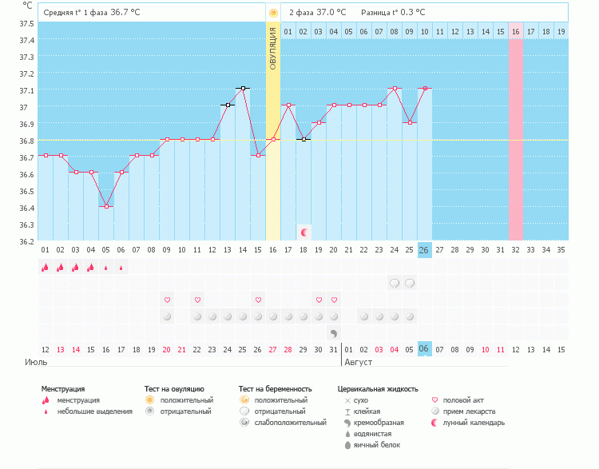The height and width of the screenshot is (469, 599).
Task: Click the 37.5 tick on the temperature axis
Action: pos(27,23)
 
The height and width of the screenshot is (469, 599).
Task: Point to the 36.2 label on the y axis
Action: pos(27,241)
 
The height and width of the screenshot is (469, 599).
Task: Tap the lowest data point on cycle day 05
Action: pos(106,206)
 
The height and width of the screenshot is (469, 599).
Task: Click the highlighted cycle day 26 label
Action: pos(425,250)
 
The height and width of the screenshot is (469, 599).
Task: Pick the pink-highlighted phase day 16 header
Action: pos(516,31)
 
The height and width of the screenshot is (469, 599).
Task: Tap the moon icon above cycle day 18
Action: pos(303,233)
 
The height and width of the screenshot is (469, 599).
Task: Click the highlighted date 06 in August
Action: pos(425,349)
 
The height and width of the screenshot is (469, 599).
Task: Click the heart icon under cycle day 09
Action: pos(167,300)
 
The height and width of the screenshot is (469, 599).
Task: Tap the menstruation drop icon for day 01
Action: pos(46,268)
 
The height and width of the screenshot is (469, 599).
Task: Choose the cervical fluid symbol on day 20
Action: pos(334,332)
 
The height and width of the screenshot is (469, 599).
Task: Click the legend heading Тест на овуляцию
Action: pos(174,389)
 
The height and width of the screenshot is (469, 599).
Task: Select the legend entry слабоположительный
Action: pos(284,422)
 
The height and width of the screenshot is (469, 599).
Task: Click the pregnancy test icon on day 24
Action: pos(395,283)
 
